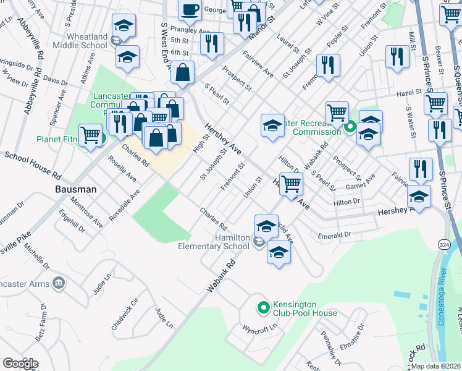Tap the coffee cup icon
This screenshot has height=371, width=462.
click(190, 11)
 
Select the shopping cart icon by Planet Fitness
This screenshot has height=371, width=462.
click(91, 134)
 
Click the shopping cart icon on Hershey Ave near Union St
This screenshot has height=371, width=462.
click(290, 184)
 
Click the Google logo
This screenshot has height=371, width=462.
click(20, 363)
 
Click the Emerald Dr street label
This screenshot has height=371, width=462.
click(334, 235)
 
